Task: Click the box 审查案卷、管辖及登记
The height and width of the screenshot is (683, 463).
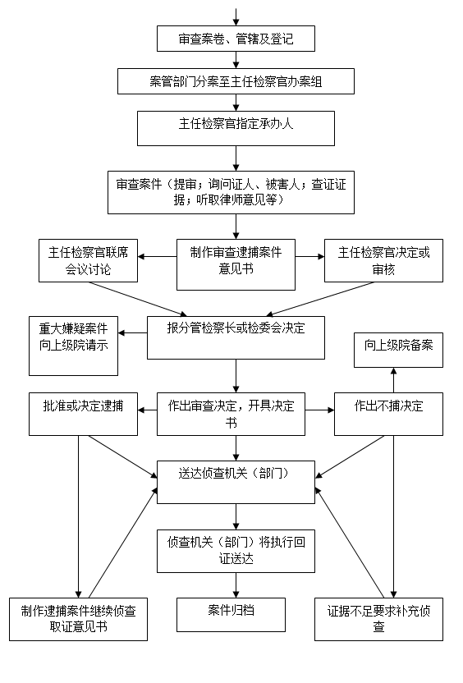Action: tap(236, 39)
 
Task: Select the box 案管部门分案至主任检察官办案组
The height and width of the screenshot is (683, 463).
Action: tap(236, 81)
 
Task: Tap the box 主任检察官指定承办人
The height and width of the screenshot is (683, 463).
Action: tap(236, 128)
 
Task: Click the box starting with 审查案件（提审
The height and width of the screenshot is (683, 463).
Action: tap(231, 192)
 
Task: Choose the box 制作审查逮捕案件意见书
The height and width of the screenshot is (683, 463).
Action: tap(236, 264)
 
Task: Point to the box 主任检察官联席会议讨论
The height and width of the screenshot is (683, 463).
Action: tap(88, 260)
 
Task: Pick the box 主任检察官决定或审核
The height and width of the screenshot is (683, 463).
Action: tap(383, 260)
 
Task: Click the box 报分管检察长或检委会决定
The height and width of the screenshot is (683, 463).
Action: tap(236, 337)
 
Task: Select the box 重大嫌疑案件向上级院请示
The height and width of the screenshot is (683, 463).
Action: tap(73, 346)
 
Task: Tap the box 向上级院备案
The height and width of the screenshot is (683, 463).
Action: tap(398, 350)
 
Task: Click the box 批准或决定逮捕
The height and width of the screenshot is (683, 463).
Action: tap(83, 414)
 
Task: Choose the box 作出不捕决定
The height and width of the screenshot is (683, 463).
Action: tap(388, 414)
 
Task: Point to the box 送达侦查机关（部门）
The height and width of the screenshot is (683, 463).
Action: tap(236, 483)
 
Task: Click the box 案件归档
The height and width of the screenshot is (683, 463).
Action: tap(231, 615)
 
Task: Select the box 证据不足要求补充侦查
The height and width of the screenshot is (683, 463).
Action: tap(378, 619)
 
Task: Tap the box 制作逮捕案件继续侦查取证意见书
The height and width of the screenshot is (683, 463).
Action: tap(79, 619)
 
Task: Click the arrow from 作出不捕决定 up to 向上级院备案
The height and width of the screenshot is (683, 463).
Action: tap(394, 380)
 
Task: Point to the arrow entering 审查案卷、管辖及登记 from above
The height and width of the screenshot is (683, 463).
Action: tap(236, 17)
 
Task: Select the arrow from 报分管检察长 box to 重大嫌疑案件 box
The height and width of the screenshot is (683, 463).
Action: tap(132, 333)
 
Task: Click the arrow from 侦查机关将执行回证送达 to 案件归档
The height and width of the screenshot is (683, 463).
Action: tap(236, 585)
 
